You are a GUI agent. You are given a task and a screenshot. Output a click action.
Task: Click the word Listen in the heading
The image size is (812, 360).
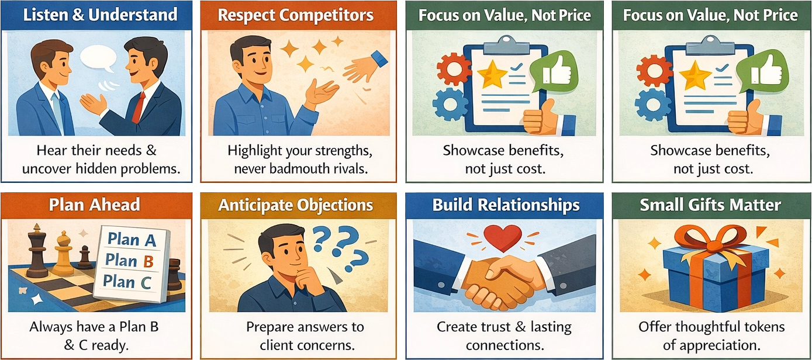tap(46, 15)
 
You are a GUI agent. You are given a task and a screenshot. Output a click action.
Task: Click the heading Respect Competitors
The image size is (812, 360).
tap(296, 15)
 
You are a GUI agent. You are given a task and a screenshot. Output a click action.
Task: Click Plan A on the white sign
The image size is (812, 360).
tap(132, 240)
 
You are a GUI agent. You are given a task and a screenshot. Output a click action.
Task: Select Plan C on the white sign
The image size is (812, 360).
tap(127, 282)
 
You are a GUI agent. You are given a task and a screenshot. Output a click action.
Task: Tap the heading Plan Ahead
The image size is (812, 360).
tap(94, 205)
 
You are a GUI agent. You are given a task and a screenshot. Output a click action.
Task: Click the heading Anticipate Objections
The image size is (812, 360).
tap(295, 205)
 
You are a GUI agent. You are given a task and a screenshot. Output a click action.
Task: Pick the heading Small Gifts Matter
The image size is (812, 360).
tap(710, 205)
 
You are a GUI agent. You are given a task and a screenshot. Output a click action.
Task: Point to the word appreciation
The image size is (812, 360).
tap(721, 345)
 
